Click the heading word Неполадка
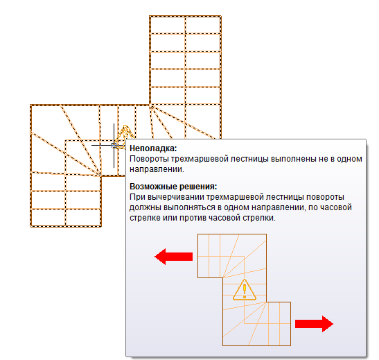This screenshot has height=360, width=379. click(x=153, y=148)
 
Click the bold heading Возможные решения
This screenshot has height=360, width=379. click(x=173, y=187)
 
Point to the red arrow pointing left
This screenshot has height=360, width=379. click(x=173, y=257)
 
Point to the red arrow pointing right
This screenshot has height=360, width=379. click(x=315, y=324)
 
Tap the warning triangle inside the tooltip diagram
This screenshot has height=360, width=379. click(x=245, y=290)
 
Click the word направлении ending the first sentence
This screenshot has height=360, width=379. click(x=157, y=169)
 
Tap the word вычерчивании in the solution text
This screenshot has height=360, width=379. click(x=175, y=197)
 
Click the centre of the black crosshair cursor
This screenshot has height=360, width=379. click(x=114, y=146)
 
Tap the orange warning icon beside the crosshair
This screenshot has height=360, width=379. click(x=125, y=135)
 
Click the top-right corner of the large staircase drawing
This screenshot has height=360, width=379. click(x=221, y=16)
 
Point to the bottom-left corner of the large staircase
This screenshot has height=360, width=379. click(x=30, y=227)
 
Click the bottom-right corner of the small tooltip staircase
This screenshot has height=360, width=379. click(x=290, y=345)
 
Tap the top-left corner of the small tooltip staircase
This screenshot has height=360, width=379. click(x=197, y=234)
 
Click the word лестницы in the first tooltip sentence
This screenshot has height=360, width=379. click(x=249, y=159)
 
